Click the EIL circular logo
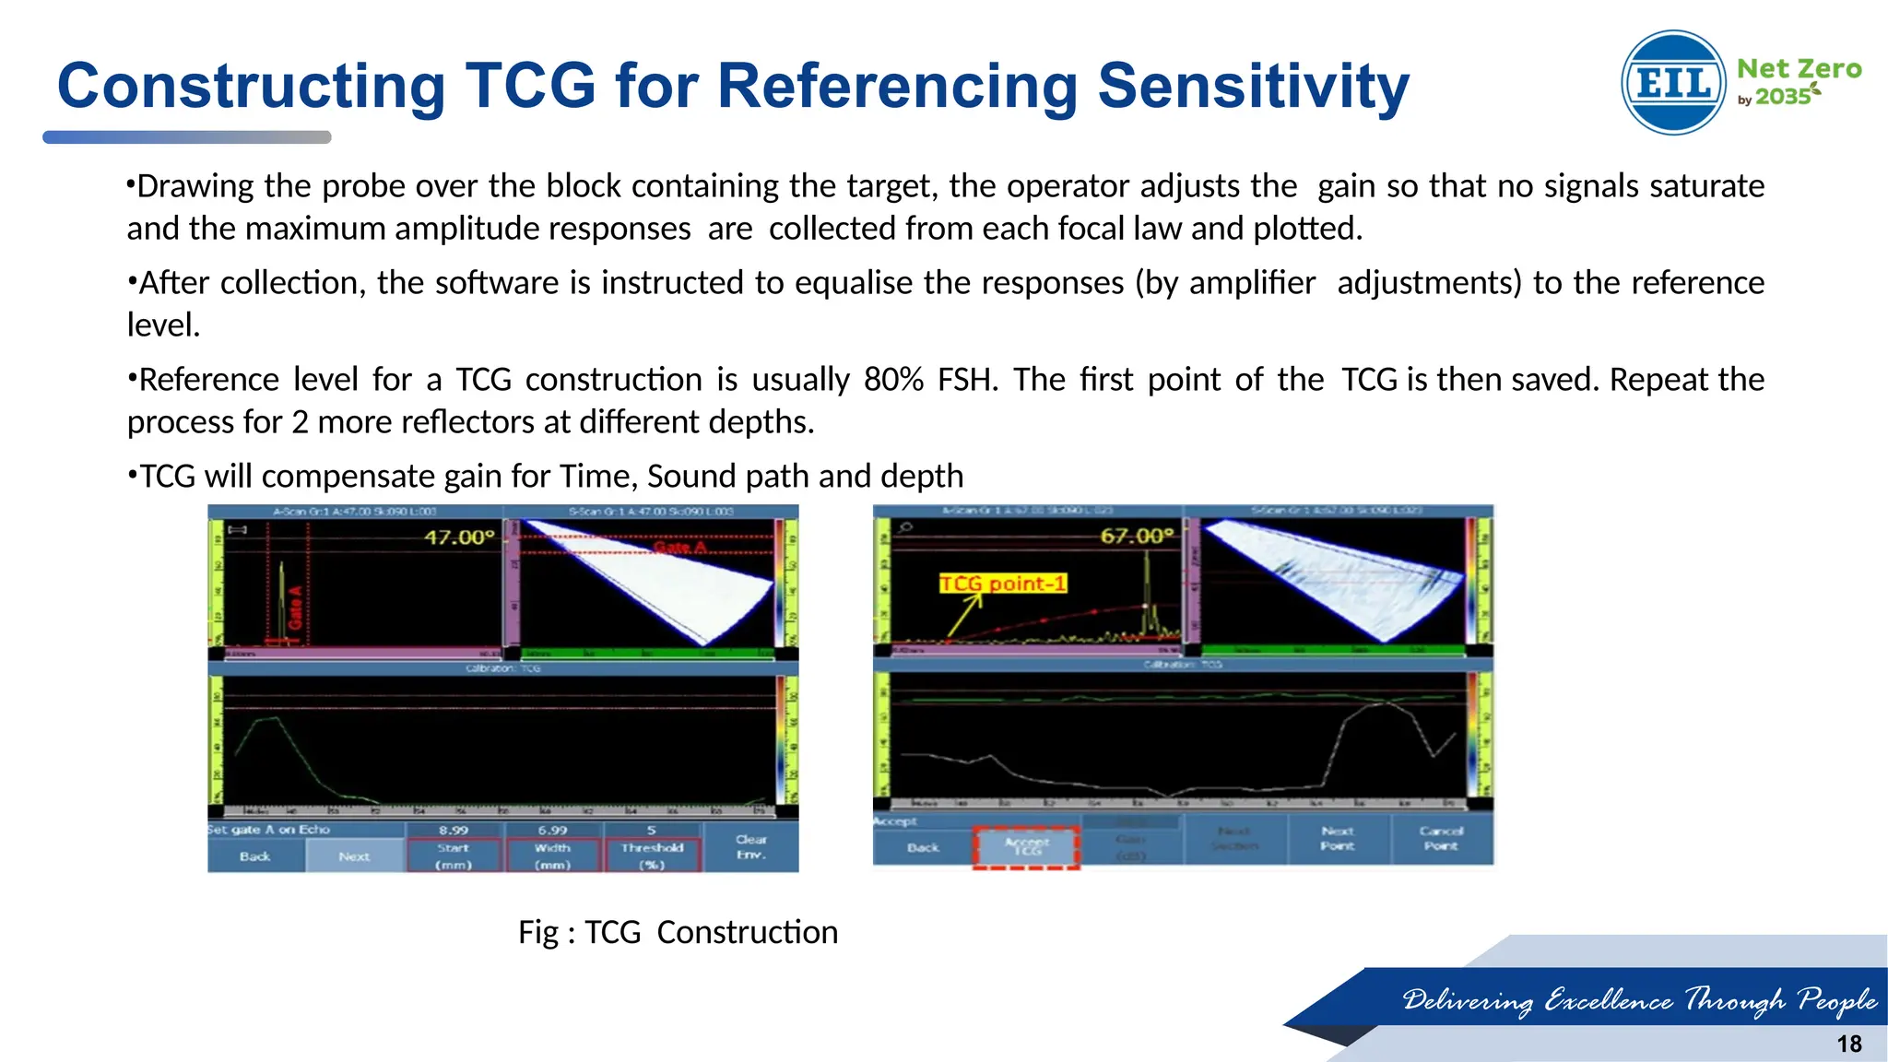point(1673,83)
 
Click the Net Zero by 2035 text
point(1798,81)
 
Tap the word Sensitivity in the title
point(1253,86)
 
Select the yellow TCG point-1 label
point(1003,584)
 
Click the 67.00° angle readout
point(1137,537)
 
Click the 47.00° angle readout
point(459,537)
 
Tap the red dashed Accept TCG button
point(1027,846)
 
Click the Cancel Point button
point(1441,838)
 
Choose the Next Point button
point(1337,838)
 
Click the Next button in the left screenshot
point(354,856)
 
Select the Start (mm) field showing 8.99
point(454,847)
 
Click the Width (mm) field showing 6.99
point(552,847)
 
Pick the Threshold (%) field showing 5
point(652,847)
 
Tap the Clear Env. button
point(750,846)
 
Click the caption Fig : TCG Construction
point(678,932)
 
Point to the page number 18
point(1848,1044)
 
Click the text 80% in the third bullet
point(893,380)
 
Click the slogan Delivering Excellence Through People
point(1639,1000)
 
